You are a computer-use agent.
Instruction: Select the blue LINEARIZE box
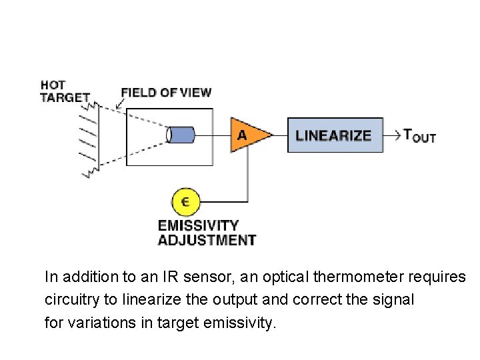point(335,135)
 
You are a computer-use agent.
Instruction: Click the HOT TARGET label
point(64,91)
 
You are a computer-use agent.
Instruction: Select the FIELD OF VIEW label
point(165,93)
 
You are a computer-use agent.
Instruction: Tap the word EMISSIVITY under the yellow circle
point(197,226)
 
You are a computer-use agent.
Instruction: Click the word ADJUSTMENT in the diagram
point(206,240)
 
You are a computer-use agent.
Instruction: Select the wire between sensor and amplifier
point(212,135)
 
